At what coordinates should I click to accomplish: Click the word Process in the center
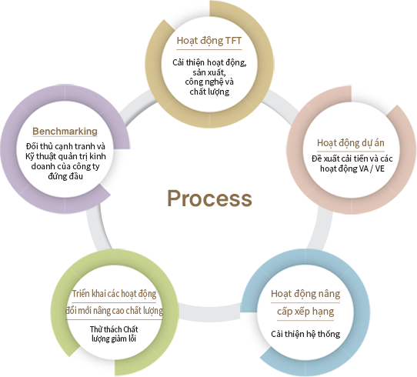tap(209, 199)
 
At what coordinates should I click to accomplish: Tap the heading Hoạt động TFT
tap(209, 41)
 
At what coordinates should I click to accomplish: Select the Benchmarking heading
tap(65, 131)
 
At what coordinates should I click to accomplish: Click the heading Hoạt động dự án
tap(351, 143)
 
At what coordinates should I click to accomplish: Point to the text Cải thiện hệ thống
tap(305, 334)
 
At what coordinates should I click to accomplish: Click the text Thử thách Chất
tap(114, 329)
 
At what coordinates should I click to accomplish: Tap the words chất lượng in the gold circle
tap(209, 92)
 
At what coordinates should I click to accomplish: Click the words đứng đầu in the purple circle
tap(65, 176)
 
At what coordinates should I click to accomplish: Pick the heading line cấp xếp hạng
tap(305, 312)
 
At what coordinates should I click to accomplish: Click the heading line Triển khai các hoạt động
tap(114, 294)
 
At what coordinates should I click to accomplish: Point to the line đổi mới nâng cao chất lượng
tap(114, 311)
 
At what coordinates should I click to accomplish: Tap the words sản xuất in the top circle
tap(209, 72)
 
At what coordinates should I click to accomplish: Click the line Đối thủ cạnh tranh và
tap(65, 146)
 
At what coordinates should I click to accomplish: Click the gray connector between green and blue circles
tap(210, 312)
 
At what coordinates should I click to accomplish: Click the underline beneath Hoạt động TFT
tap(209, 49)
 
